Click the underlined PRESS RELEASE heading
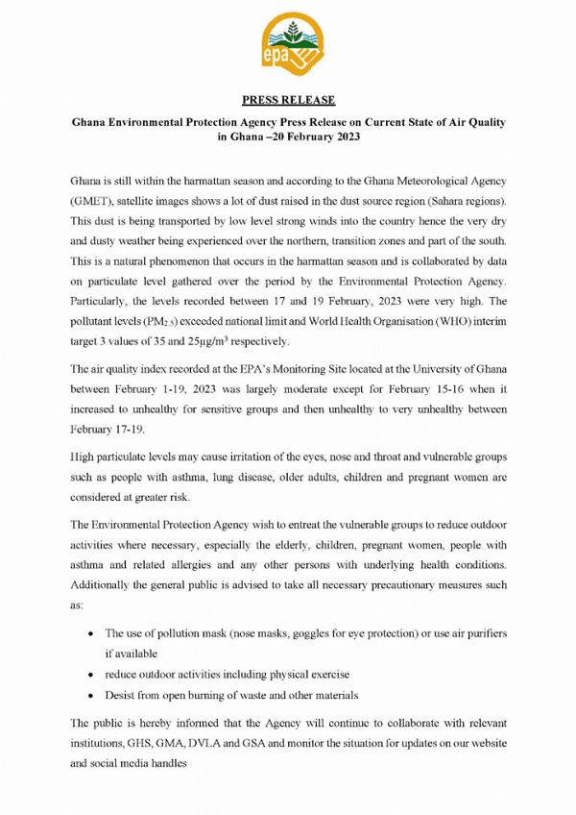pos(288,99)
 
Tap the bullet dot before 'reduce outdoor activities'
pos(90,674)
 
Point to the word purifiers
pos(479,634)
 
